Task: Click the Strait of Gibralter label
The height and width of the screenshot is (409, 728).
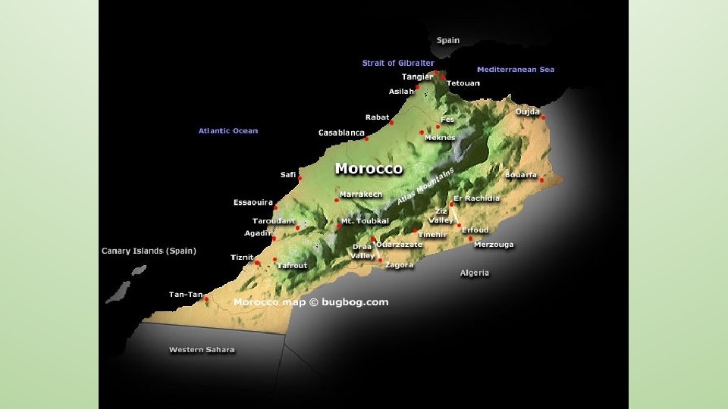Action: tap(398, 63)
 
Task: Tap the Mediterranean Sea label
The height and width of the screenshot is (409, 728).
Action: tap(515, 70)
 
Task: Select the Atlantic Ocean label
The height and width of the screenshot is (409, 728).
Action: tap(228, 131)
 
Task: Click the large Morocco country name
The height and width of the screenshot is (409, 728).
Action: tap(369, 168)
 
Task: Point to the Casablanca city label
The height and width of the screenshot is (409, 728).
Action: tap(341, 133)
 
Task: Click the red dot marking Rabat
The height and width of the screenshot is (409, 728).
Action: tap(392, 122)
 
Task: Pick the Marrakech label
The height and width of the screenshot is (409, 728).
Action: tap(361, 195)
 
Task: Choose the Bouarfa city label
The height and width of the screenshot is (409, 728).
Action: tap(521, 175)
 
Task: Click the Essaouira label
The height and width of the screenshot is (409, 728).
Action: tap(253, 203)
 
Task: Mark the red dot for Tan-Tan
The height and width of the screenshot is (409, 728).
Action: tap(206, 299)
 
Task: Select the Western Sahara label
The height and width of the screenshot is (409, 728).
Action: tap(202, 350)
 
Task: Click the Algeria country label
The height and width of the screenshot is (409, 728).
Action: tap(475, 273)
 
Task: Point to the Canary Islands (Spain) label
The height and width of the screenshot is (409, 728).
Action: tap(149, 251)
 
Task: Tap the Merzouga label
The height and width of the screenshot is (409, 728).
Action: tap(494, 245)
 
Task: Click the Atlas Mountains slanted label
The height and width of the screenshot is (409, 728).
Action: tap(425, 186)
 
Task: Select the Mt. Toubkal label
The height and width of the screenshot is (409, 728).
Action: tap(365, 221)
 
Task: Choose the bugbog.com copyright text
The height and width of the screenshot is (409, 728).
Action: tap(311, 302)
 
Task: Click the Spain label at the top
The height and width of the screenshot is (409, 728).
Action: tap(447, 40)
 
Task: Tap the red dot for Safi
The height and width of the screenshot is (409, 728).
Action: tap(300, 179)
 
